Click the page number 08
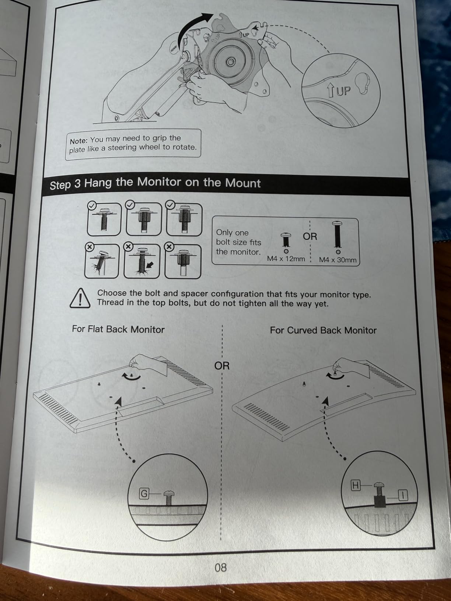221,567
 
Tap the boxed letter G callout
144,494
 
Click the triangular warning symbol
80,298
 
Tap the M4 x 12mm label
286,259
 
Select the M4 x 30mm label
338,260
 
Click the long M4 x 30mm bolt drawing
338,235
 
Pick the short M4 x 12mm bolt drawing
286,240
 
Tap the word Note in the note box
78,141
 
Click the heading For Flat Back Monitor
118,329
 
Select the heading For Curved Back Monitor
323,330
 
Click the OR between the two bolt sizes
310,236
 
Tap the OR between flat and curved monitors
222,366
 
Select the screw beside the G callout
169,498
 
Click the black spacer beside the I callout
380,502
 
